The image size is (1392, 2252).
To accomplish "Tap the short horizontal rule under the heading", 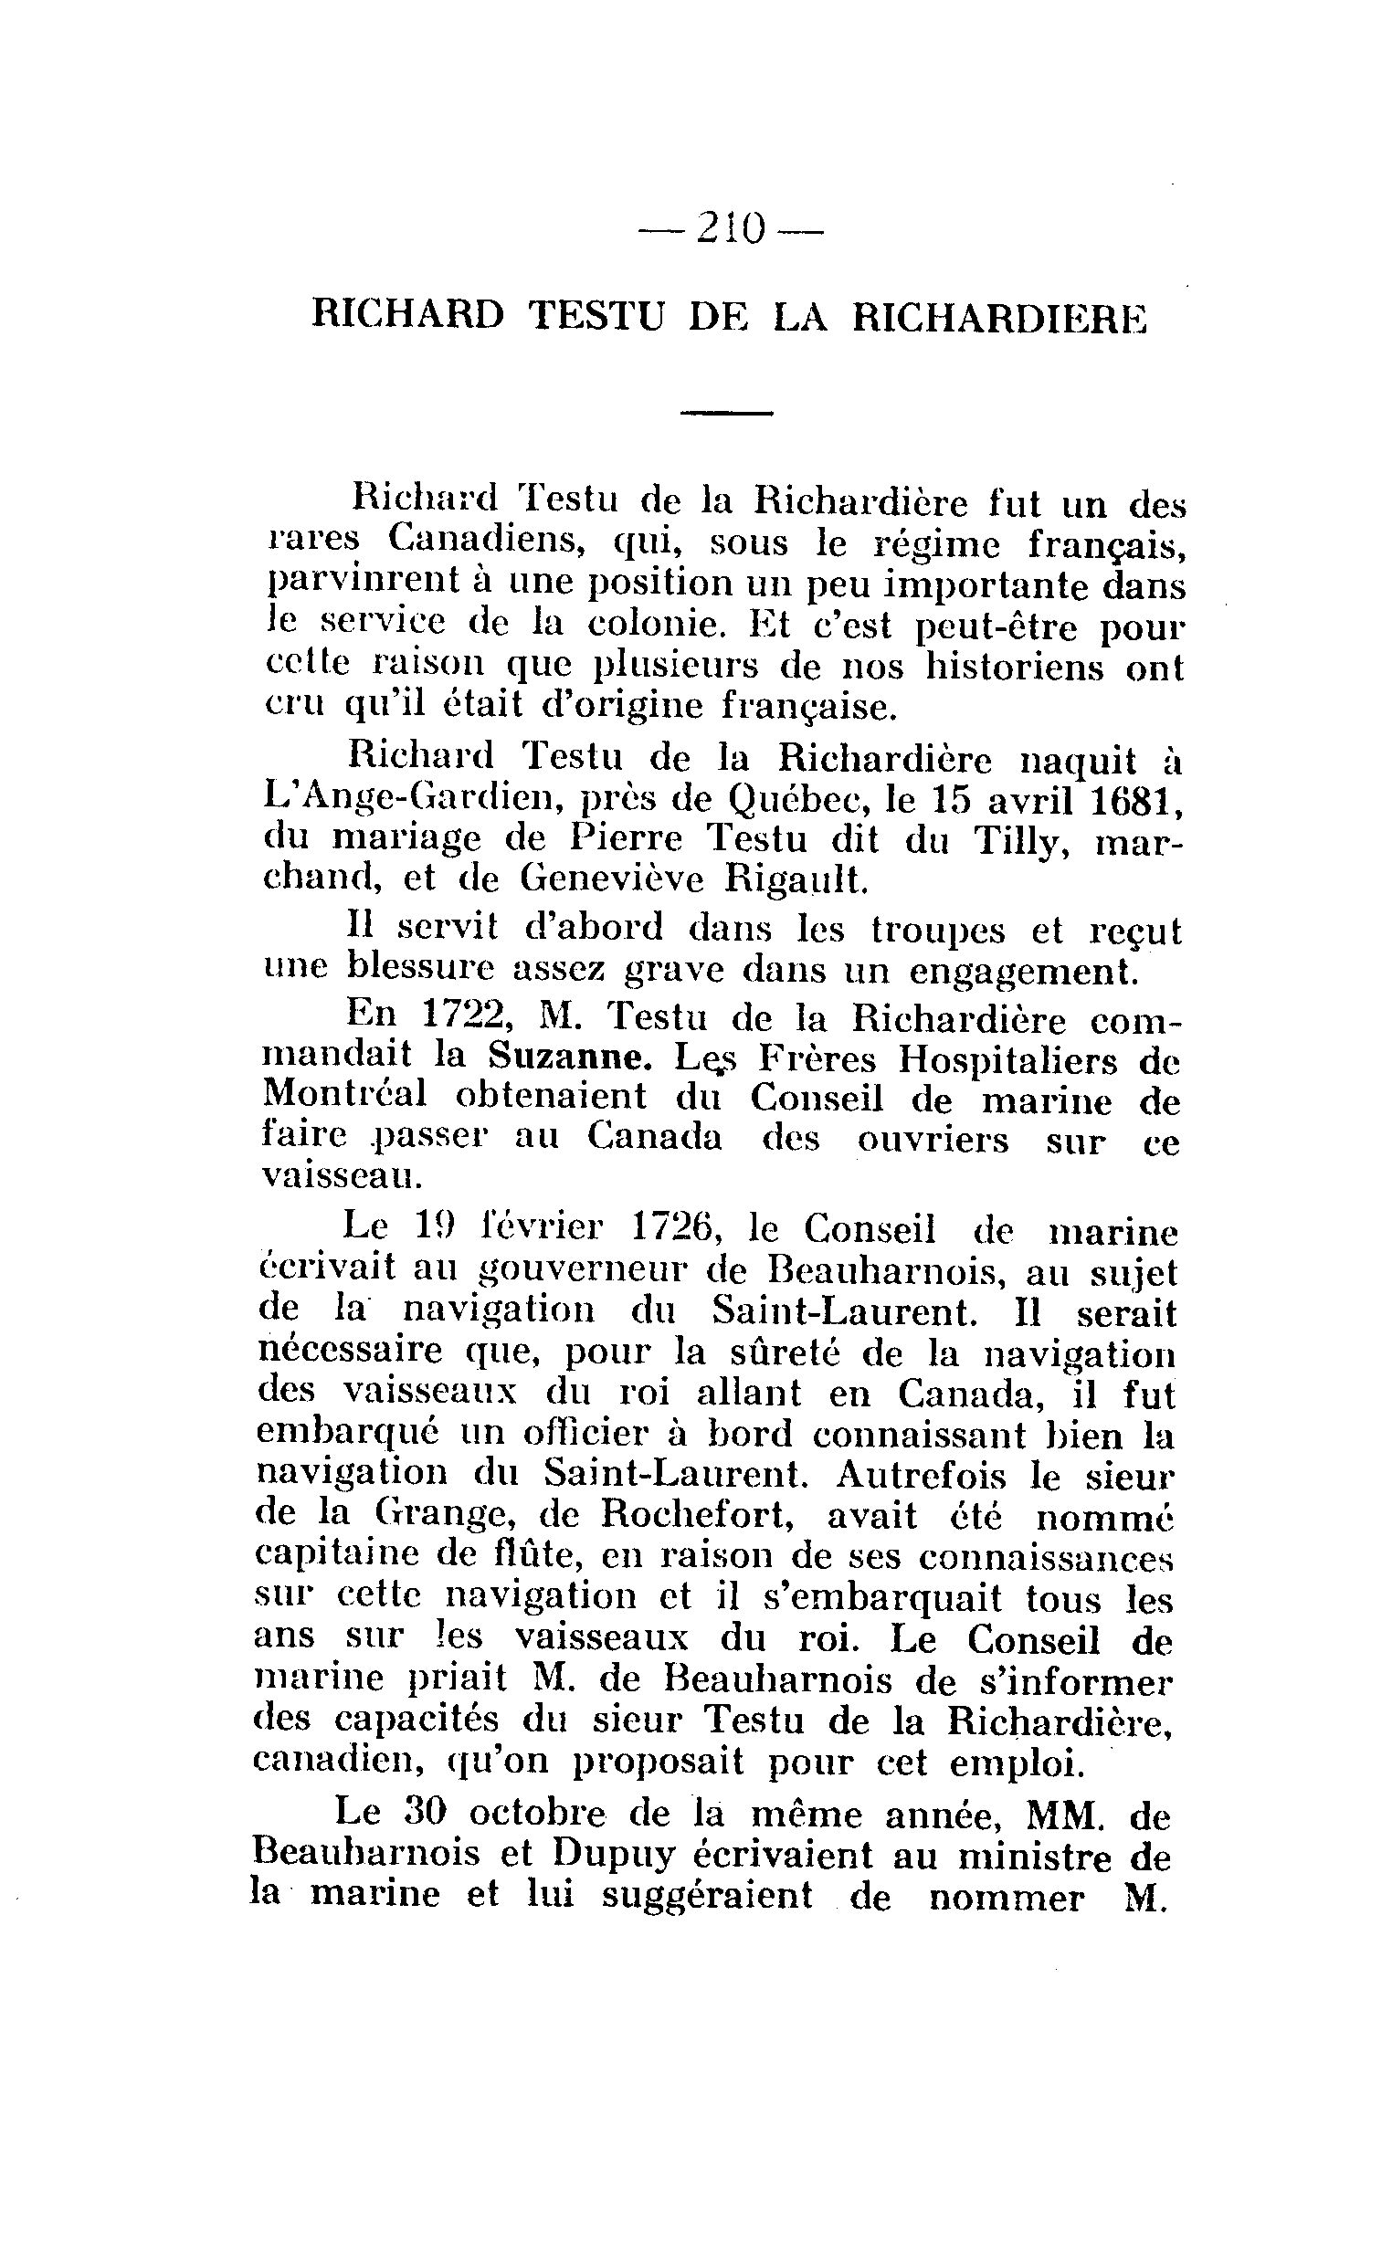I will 725,413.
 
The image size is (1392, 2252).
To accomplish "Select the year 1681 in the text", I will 1136,801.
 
